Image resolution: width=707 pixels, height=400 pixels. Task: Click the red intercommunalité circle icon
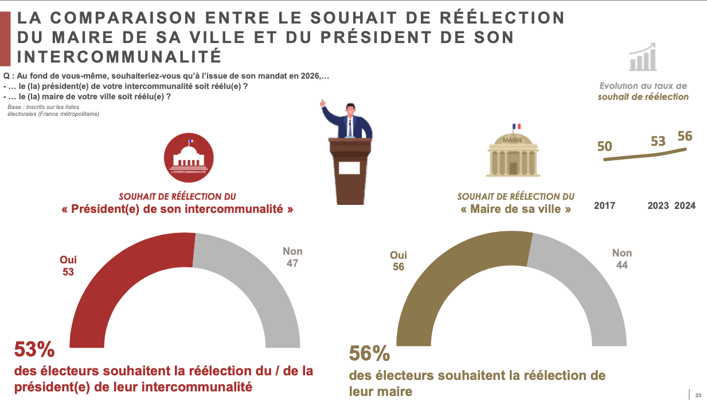[x=189, y=157]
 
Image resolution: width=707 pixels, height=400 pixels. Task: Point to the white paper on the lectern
[x=349, y=168]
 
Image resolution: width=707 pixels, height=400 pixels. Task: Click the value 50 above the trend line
[x=604, y=146]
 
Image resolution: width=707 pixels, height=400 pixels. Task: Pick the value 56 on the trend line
[x=685, y=136]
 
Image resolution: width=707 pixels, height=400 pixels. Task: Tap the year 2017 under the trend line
[x=604, y=205]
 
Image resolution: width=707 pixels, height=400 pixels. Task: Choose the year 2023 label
[x=658, y=205]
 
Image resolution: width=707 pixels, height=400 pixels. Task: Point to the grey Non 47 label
[x=292, y=257]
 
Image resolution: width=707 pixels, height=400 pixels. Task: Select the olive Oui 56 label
[x=399, y=261]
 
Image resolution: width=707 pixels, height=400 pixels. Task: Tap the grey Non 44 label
[x=622, y=259]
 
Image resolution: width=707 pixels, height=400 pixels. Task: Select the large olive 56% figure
[x=370, y=354]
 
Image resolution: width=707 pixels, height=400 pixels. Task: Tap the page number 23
[x=698, y=395]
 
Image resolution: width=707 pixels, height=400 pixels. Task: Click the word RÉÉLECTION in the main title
[x=494, y=18]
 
